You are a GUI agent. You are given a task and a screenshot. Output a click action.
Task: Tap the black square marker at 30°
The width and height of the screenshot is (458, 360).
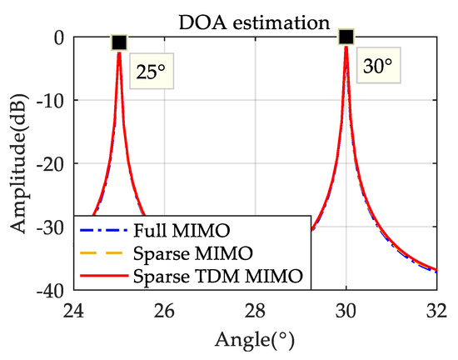(x=346, y=37)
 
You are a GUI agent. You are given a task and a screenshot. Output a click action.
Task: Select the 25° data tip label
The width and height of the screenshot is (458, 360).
(x=152, y=72)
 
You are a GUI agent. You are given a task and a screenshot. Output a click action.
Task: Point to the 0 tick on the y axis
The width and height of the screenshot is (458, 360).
(x=58, y=37)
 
